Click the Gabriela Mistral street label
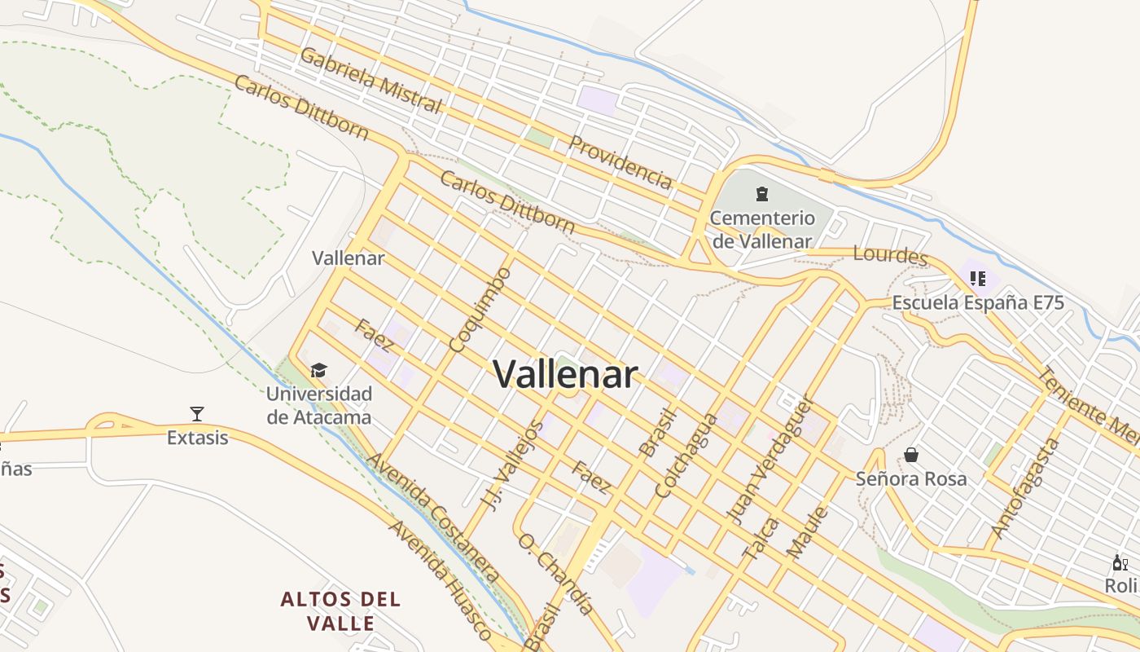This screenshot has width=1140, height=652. click(370, 81)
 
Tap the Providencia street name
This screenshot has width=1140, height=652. click(620, 162)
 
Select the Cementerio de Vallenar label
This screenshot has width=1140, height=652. click(761, 230)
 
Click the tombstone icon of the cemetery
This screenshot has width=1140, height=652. click(761, 194)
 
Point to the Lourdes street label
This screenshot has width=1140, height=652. click(891, 255)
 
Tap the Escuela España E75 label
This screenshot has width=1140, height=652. click(978, 302)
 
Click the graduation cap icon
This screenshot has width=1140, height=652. click(318, 371)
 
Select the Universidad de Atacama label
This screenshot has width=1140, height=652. click(319, 405)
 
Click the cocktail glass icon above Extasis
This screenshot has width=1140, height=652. click(197, 413)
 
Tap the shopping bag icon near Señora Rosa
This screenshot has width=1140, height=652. click(911, 454)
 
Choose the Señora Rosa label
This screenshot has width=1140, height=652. click(911, 478)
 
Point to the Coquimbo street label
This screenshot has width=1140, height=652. click(480, 311)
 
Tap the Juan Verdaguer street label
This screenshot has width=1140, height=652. click(769, 460)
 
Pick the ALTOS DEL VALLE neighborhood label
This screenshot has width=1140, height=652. click(341, 611)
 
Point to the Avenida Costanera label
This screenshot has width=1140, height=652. click(432, 518)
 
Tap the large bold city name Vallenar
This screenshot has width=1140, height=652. click(565, 374)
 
